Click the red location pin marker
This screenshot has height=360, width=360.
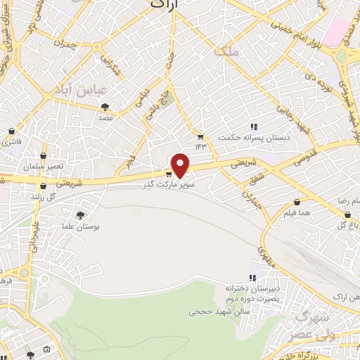181,165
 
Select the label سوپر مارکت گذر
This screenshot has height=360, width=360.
167,185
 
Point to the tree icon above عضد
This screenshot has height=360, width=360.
105,107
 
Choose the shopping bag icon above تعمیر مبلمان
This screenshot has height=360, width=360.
43,156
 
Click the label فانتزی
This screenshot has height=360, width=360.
12,143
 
